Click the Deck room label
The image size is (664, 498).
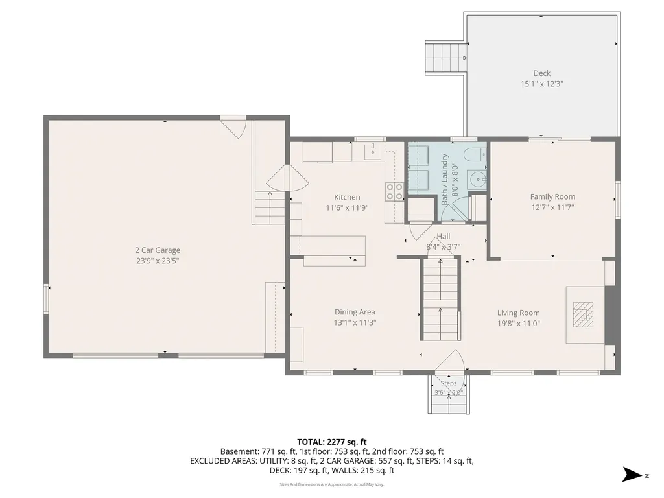coord(541,73)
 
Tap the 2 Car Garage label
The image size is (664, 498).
coord(158,250)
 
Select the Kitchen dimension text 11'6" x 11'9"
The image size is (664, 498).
coord(347,208)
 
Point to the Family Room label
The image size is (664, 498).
coord(552,197)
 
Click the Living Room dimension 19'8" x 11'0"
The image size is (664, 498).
coord(518,324)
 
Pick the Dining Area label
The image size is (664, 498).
coord(355,312)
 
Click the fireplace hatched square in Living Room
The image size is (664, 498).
coord(583,314)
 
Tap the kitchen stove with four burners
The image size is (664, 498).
coord(394,191)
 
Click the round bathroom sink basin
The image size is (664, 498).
coord(478,180)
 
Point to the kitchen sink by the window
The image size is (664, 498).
coord(373,150)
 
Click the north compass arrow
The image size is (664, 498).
coord(633,474)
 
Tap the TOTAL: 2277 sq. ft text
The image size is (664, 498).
coord(331,442)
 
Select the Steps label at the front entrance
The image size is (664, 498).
coord(449,383)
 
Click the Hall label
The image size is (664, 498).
coord(444,236)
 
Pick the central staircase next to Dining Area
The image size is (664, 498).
coord(440,298)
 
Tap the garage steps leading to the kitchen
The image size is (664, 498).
coord(270,207)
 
